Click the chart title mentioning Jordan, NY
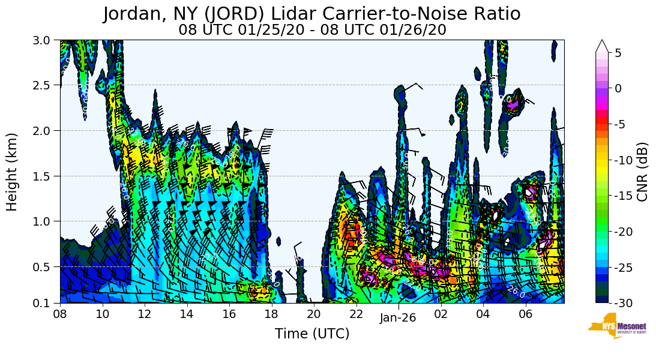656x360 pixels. [x=311, y=14]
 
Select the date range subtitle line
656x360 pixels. [x=312, y=30]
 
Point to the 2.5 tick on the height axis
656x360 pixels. [x=46, y=85]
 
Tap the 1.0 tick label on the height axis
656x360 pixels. [x=46, y=221]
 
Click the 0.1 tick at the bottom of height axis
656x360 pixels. [x=46, y=303]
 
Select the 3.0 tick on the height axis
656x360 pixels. [x=46, y=40]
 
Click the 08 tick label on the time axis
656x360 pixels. [x=60, y=313]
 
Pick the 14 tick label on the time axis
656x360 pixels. [x=187, y=313]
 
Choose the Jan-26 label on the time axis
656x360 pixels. [x=398, y=319]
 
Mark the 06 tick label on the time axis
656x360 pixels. [x=526, y=313]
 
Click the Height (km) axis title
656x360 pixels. [x=12, y=172]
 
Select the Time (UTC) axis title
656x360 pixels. [x=312, y=334]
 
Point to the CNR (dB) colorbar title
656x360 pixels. [x=643, y=171]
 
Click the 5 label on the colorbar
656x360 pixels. [x=618, y=53]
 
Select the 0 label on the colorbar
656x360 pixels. [x=618, y=88]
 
